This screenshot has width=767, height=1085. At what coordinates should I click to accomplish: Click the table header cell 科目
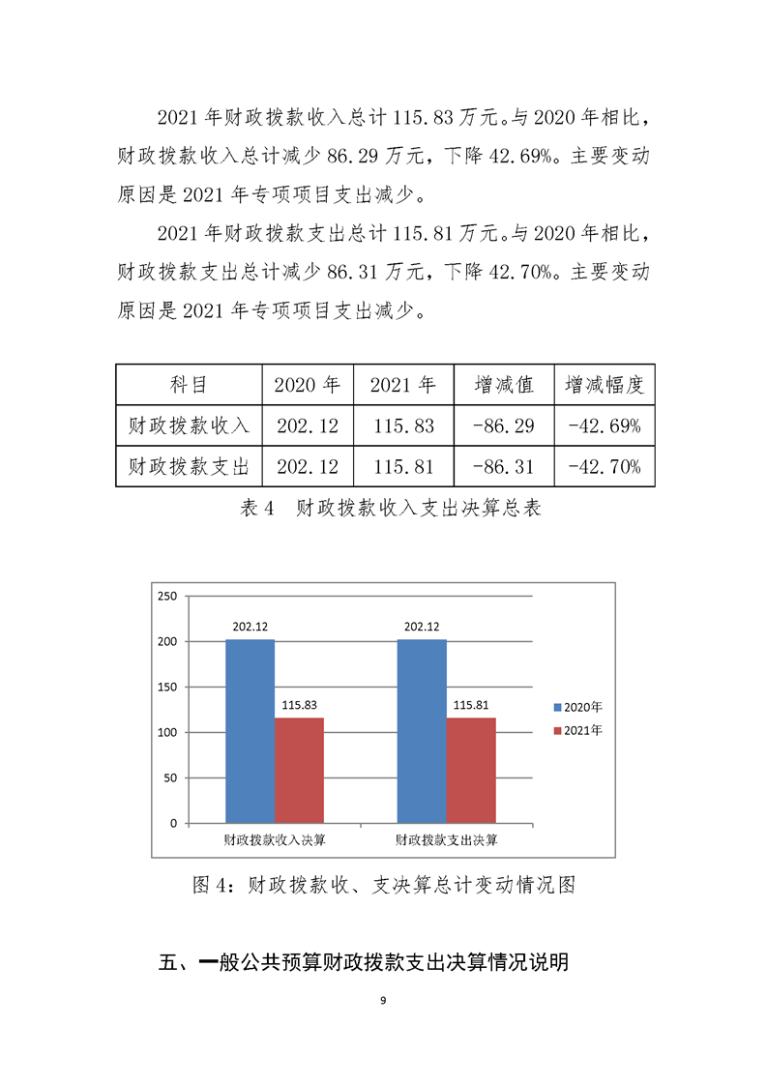[x=189, y=385]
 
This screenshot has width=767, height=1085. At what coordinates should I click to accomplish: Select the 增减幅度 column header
[x=605, y=385]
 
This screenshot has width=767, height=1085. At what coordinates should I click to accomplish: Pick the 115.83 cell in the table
[x=402, y=425]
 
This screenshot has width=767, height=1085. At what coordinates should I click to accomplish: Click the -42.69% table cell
[x=605, y=425]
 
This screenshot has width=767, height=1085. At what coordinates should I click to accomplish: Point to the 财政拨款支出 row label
[x=189, y=467]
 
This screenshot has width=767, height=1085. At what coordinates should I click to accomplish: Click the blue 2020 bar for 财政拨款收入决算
[x=250, y=731]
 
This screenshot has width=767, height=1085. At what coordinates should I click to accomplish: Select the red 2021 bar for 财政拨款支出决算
[x=470, y=770]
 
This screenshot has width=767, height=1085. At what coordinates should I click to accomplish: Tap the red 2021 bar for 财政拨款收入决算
[x=299, y=770]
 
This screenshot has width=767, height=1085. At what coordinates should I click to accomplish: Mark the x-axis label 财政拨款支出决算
[x=446, y=839]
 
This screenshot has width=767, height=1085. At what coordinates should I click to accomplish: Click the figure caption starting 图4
[x=384, y=884]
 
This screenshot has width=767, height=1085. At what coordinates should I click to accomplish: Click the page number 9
[x=384, y=1001]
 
